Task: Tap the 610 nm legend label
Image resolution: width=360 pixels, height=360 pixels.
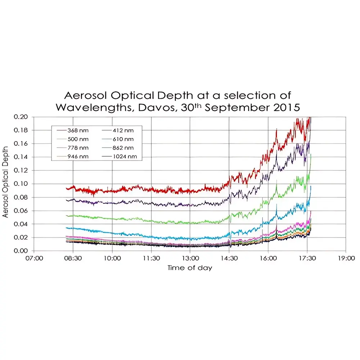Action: pyautogui.click(x=123, y=139)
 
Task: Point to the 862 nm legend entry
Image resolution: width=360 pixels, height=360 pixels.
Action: pyautogui.click(x=123, y=148)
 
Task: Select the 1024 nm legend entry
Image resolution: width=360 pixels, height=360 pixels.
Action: pyautogui.click(x=125, y=157)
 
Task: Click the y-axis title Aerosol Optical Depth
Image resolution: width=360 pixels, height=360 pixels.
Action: pyautogui.click(x=5, y=184)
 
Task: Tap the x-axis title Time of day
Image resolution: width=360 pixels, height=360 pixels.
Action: pyautogui.click(x=190, y=267)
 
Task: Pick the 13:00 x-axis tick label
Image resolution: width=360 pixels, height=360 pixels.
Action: pyautogui.click(x=190, y=258)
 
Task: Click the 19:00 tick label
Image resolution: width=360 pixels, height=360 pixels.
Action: pyautogui.click(x=346, y=258)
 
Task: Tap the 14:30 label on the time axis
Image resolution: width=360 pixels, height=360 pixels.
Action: pyautogui.click(x=229, y=258)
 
